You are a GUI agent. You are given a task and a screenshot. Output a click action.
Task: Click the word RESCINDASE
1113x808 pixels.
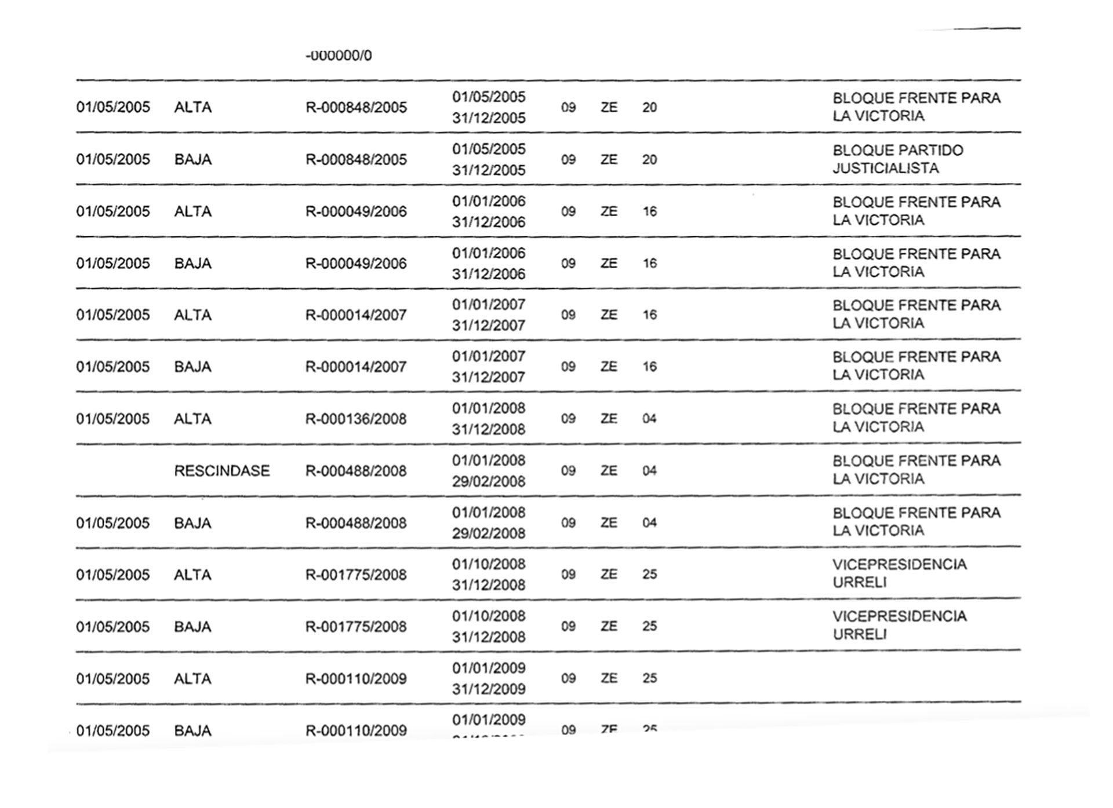coord(222,471)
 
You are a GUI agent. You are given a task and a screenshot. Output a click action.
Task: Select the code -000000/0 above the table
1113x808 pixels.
coord(339,56)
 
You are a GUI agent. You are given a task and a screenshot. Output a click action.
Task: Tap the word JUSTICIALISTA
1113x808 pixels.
coord(885,169)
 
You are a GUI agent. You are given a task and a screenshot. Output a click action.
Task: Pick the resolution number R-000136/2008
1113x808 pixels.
coord(356,419)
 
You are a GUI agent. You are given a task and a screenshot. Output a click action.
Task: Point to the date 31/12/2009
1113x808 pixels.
coord(489,689)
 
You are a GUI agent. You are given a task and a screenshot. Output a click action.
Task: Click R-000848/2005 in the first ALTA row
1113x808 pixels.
coord(356,108)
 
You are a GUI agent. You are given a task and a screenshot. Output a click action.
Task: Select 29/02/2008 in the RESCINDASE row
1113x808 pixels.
coord(489,481)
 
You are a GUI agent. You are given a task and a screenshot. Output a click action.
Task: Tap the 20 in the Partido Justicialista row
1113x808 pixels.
coord(649,160)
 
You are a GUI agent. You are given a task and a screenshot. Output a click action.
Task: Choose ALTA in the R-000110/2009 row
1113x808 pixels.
coord(192,679)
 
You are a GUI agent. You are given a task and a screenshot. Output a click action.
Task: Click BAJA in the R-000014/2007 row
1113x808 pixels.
coord(192,367)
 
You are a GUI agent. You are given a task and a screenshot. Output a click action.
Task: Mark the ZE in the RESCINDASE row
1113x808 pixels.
coord(609,471)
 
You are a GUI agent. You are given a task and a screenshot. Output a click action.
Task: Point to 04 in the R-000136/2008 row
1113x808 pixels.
coord(649,419)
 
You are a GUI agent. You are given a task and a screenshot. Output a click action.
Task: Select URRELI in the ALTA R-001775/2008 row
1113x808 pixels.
coord(860,583)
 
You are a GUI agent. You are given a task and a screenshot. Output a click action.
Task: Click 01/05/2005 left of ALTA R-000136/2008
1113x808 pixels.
coord(113,419)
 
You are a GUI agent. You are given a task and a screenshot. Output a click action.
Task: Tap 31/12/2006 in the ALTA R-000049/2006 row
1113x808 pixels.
coord(489,222)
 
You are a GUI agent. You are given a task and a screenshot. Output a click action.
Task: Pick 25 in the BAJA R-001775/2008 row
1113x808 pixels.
coord(649,626)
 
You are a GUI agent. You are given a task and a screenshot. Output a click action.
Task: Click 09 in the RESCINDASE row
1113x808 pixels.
coord(568,471)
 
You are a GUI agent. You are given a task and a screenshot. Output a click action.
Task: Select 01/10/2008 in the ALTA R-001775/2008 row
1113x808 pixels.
coord(489,564)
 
